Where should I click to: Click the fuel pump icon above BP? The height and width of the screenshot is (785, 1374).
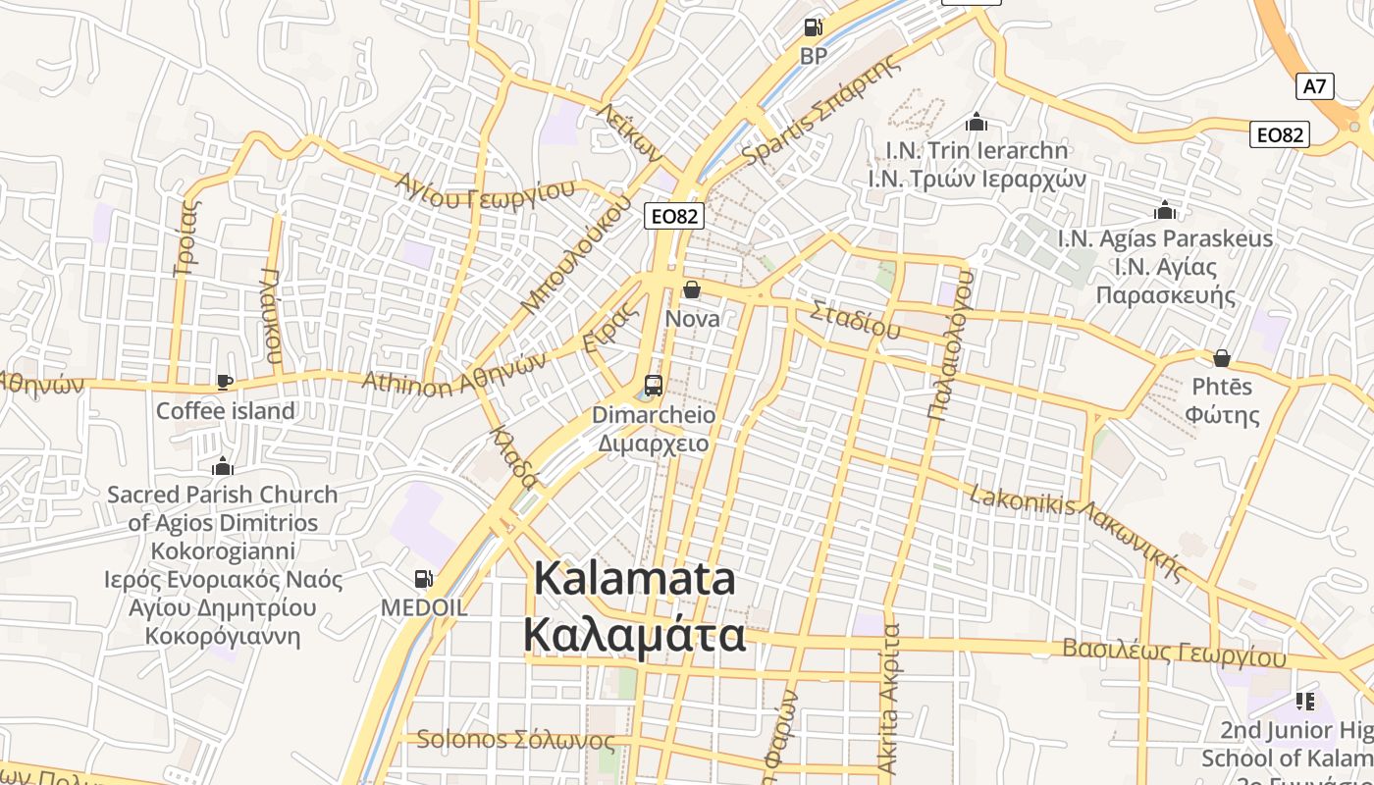(x=813, y=27)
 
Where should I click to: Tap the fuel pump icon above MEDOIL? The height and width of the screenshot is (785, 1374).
(x=423, y=580)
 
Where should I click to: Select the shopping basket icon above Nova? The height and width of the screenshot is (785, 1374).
(x=692, y=289)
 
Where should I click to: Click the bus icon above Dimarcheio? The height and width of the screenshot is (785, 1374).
(x=653, y=386)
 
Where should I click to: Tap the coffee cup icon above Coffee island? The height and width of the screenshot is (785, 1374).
(x=225, y=382)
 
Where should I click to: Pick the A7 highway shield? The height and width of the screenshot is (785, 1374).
(x=1314, y=86)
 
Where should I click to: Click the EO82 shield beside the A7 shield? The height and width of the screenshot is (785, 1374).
(x=1280, y=134)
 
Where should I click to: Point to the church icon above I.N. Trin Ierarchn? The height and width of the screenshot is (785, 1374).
(x=976, y=122)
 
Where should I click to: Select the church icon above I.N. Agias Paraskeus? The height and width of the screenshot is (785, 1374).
(x=1165, y=210)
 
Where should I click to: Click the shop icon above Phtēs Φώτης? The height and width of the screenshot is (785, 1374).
(x=1222, y=358)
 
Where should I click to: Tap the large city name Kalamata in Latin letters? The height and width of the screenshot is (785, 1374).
(x=634, y=579)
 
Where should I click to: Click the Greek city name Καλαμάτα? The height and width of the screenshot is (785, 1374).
(x=634, y=636)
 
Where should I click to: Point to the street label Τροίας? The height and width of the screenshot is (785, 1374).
(x=185, y=238)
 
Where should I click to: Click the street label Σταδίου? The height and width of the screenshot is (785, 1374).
(x=855, y=320)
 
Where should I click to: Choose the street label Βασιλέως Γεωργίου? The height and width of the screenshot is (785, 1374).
(x=1174, y=653)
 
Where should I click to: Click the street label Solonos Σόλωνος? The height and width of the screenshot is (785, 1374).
(x=515, y=740)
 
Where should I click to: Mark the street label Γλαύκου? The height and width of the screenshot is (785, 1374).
(x=272, y=316)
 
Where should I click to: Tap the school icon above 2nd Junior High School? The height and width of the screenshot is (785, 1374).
(x=1304, y=701)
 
